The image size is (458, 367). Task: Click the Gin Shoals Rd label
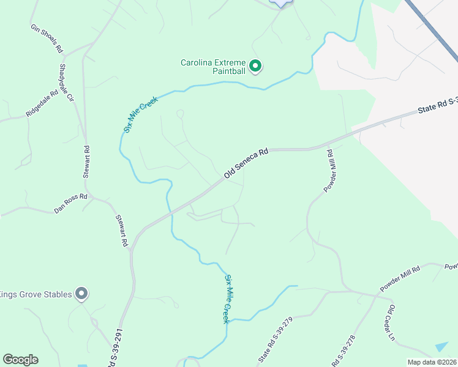point(47,38)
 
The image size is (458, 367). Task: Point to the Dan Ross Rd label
point(71,204)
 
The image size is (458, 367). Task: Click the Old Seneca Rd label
point(246,165)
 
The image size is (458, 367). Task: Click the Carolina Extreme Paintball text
point(212,67)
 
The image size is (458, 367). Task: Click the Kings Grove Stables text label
point(36,294)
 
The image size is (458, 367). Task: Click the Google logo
point(20,360)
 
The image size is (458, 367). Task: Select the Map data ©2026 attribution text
point(432,362)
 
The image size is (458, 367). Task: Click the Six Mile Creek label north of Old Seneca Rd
point(140,114)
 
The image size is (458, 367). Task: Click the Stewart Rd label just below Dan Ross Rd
point(121,231)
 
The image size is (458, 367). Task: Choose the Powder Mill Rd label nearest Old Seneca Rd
point(335,171)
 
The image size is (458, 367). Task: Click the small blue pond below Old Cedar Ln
point(442,346)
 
